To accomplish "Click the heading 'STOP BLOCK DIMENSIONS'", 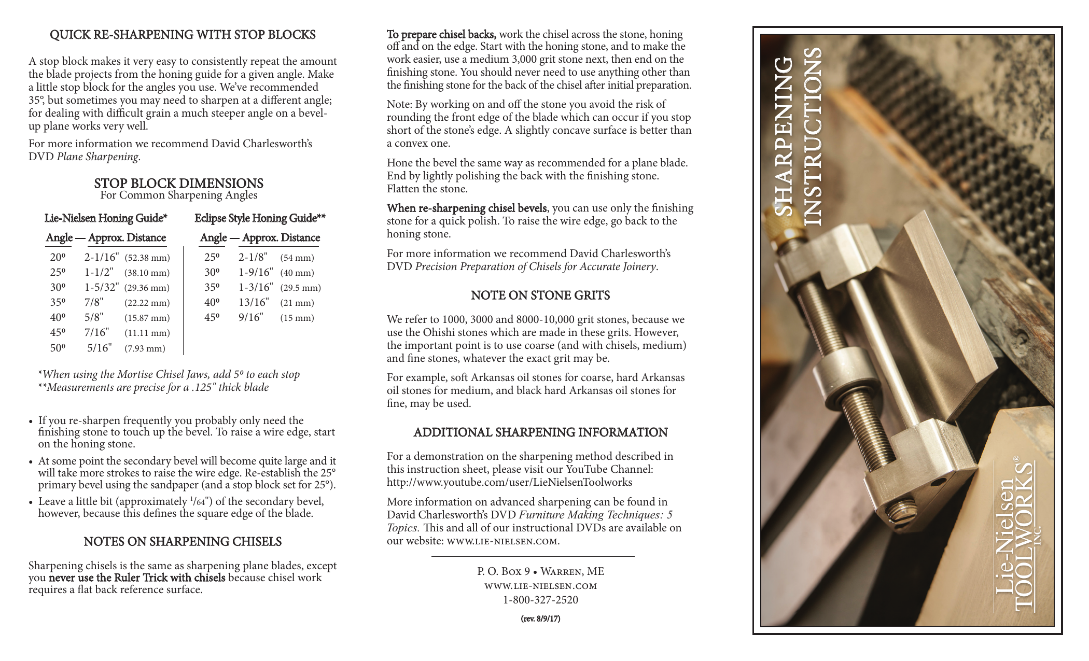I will (178, 184).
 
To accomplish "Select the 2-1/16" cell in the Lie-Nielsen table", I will (102, 257).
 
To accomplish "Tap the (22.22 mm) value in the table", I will (147, 303).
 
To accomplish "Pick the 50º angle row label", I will (58, 348).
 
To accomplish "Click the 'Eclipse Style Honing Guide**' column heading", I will (260, 218).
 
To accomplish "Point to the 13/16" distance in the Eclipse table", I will (254, 302).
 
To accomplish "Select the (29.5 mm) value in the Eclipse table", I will (300, 288).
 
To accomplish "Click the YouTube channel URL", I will (509, 482).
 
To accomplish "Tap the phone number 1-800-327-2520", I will (540, 600).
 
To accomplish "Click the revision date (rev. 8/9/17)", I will (540, 618).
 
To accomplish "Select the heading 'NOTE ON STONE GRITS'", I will (540, 296).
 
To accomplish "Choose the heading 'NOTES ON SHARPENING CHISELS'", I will (183, 542).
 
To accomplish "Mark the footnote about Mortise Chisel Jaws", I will (169, 374).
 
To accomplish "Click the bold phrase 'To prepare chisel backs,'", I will (441, 35).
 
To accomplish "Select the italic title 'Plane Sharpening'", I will (97, 157).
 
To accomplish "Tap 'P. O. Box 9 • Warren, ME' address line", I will (540, 571).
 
